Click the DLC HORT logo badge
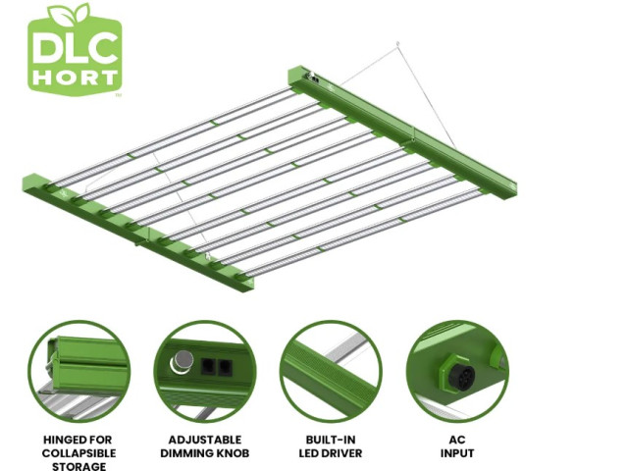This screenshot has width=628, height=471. coord(75,50)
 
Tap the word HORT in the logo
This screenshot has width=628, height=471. coord(76,78)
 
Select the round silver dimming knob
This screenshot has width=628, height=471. coord(183,360)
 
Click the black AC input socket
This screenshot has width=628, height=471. coord(461,375)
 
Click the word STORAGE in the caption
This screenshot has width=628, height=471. coord(78,466)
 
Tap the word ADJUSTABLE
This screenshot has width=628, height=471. coord(205,440)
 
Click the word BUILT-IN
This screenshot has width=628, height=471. coord(331,440)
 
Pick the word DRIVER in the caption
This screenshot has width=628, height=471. coord(341,453)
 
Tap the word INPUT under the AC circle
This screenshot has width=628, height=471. coord(457,453)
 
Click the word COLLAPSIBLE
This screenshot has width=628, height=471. coord(78,453)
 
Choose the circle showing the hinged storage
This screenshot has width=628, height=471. coord(79,371)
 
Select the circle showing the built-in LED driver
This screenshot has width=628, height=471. coord(331,371)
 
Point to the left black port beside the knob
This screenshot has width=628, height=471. coord(208,366)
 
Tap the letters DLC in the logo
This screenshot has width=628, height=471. coord(76,48)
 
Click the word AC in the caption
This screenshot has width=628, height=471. coord(457,440)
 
